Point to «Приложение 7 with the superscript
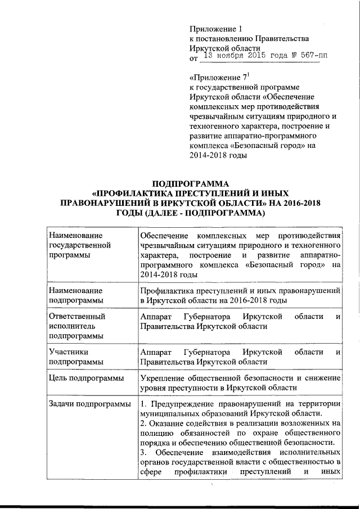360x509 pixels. [219, 77]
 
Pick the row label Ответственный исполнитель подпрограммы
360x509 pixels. [76, 326]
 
